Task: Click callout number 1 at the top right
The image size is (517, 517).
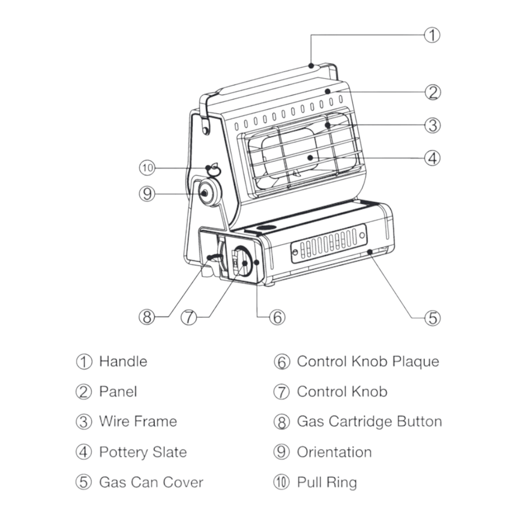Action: pos(432,35)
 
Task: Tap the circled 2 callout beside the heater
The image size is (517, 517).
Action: pos(433,92)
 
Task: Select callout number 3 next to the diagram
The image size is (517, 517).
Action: pos(433,125)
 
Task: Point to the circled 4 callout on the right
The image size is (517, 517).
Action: pos(433,158)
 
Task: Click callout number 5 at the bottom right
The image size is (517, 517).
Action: pos(433,318)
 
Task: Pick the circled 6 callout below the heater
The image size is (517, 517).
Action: pos(277,317)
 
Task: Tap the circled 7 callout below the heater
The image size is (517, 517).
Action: pos(189,317)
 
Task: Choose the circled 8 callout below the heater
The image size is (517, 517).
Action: pos(146,317)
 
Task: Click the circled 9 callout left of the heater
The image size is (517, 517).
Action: pos(147,193)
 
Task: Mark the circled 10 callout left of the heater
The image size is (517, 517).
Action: pos(147,167)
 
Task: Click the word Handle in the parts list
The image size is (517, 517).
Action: pos(123,361)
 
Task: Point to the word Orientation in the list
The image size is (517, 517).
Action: pos(334,452)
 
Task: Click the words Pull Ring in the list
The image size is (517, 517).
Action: pos(327,482)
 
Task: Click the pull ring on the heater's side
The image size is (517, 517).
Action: pos(213,169)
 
